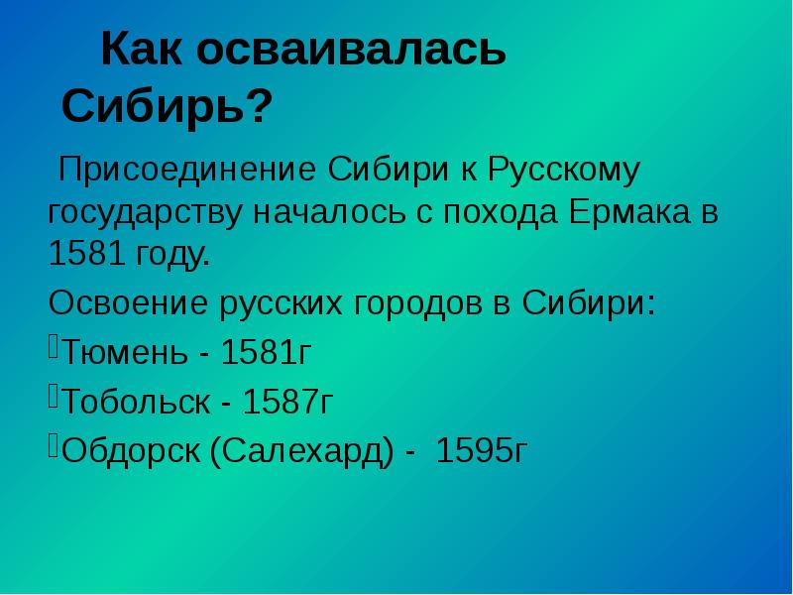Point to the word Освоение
tap(128, 299)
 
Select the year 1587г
tap(287, 402)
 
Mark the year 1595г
tap(482, 452)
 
